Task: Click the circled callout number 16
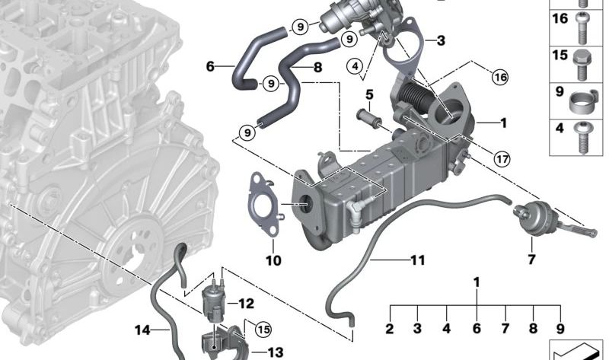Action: (499, 76)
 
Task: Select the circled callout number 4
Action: (353, 67)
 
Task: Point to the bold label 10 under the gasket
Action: (273, 261)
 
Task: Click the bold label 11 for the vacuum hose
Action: (416, 260)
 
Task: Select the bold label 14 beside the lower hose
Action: (142, 330)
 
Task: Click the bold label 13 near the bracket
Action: (274, 352)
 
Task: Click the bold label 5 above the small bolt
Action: (370, 94)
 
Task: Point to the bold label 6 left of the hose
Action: (210, 66)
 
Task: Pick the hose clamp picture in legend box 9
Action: (584, 98)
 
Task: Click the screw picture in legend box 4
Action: (584, 130)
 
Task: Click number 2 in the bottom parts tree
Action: (389, 330)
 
